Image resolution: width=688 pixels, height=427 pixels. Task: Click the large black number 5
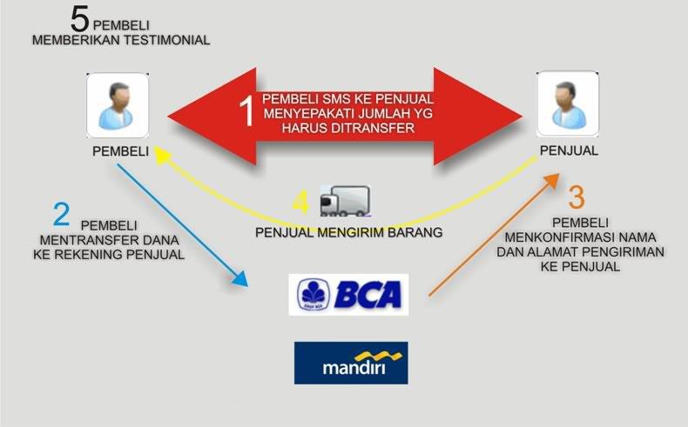[80, 19]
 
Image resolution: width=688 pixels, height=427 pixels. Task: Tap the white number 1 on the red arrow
[247, 111]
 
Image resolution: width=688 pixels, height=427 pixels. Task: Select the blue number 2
[62, 214]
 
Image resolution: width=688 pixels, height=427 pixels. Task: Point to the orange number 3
[577, 197]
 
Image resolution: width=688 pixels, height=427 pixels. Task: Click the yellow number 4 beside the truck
[300, 203]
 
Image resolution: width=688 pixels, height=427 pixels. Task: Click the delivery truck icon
[346, 201]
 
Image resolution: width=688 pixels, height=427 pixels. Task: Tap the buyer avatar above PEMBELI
[118, 105]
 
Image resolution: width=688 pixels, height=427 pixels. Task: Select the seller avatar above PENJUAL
[568, 104]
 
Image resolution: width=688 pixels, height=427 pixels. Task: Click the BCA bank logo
[348, 294]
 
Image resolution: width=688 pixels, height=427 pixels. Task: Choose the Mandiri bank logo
[351, 363]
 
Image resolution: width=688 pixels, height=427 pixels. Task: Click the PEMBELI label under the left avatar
[121, 151]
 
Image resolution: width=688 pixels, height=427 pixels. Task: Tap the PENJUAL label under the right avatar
[569, 150]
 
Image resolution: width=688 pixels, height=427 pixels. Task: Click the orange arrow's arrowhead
[552, 179]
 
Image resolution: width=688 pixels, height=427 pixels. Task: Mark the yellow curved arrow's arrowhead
[161, 154]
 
